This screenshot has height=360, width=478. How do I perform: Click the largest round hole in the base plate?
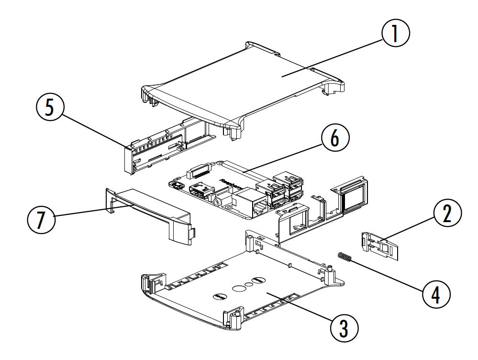[x=238, y=289]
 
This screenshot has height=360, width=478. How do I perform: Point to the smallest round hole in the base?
[x=249, y=285]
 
